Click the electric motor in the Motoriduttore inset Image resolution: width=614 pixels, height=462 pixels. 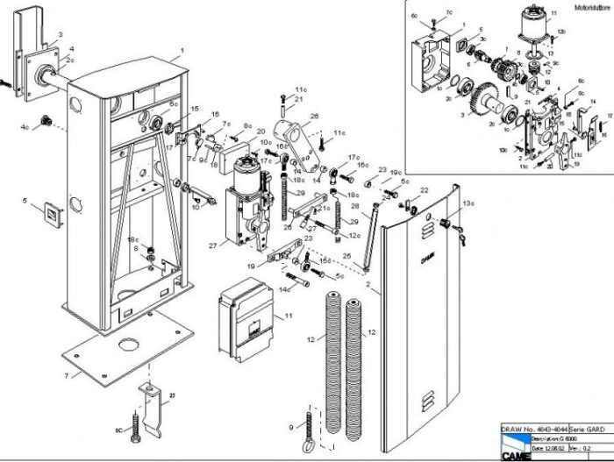(533, 31)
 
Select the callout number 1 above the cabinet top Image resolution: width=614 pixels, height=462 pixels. (182, 51)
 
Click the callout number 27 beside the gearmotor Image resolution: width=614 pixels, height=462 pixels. (211, 246)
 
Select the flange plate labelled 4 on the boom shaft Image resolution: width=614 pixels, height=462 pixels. (39, 66)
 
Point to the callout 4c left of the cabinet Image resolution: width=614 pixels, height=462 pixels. (26, 127)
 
